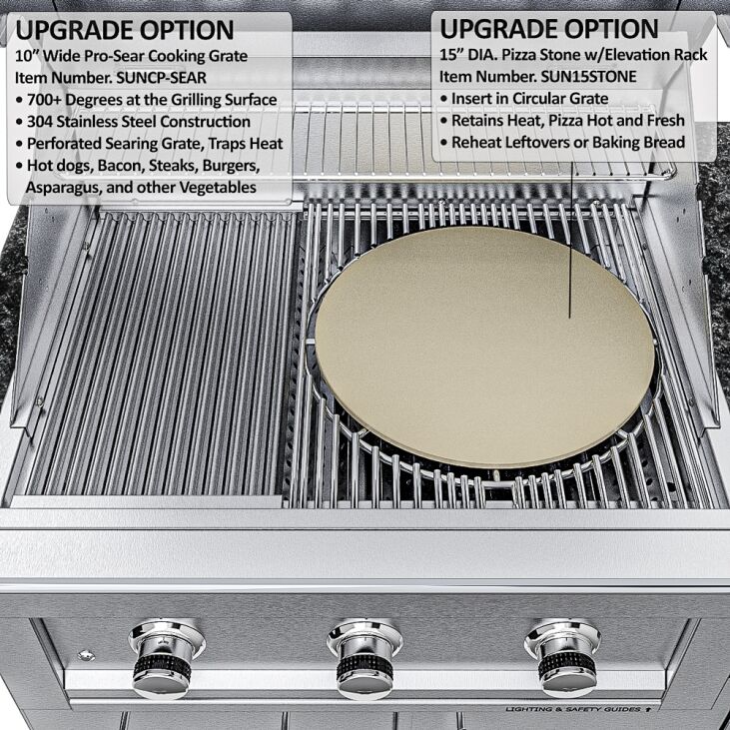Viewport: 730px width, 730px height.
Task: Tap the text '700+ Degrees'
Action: [82, 100]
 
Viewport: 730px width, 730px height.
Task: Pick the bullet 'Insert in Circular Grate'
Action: [529, 99]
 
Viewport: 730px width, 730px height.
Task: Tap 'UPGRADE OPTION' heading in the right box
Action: [549, 29]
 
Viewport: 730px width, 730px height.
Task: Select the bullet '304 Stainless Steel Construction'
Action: [140, 122]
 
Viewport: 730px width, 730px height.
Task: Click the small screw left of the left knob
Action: [87, 655]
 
